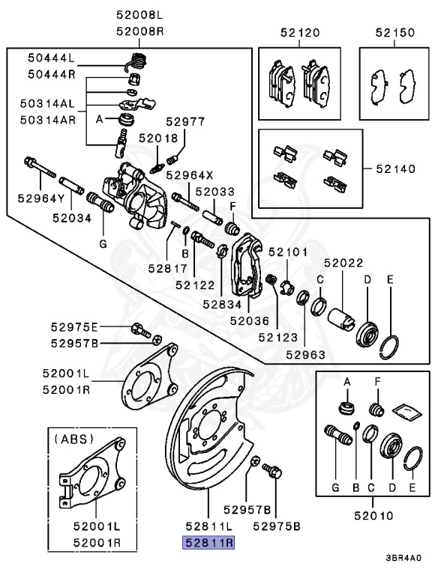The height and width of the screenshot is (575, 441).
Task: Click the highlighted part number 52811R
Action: click(210, 543)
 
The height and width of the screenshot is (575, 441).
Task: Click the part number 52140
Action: click(395, 169)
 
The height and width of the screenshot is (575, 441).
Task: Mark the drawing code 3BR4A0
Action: click(403, 558)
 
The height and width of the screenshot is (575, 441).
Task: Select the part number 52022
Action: click(343, 263)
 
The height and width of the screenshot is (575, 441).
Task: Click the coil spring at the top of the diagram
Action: click(136, 59)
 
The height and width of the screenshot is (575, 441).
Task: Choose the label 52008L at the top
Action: click(139, 14)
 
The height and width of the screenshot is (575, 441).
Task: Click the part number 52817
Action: click(160, 266)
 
